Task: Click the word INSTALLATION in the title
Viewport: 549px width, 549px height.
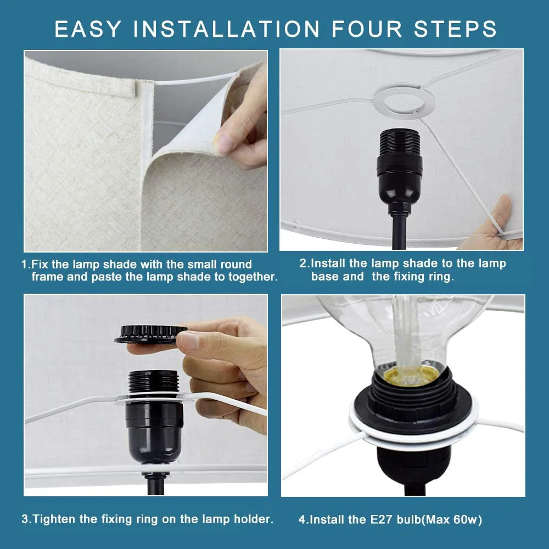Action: click(x=226, y=29)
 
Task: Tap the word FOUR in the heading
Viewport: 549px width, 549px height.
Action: click(x=367, y=29)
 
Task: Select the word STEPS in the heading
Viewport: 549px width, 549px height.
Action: click(x=455, y=29)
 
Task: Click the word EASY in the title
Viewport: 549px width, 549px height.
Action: click(x=88, y=29)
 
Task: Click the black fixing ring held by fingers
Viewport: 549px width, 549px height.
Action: click(x=150, y=334)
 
